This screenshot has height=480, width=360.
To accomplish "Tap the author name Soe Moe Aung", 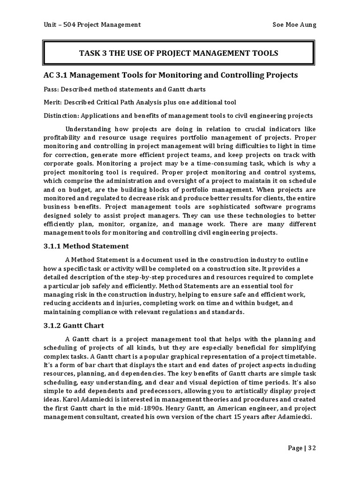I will click(294, 24).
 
